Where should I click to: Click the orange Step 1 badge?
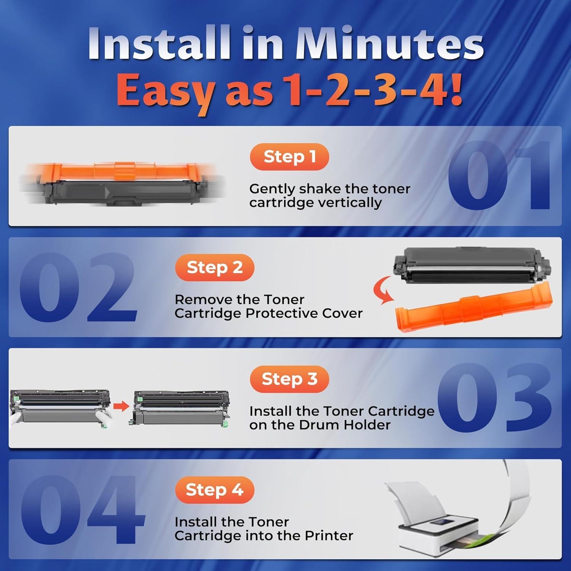289,157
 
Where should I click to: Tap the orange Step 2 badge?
214,268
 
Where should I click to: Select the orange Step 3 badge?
289,379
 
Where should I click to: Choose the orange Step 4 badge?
214,490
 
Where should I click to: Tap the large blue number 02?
78,288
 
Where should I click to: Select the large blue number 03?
495,398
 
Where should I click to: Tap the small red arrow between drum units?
121,406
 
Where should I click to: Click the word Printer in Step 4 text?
329,536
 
